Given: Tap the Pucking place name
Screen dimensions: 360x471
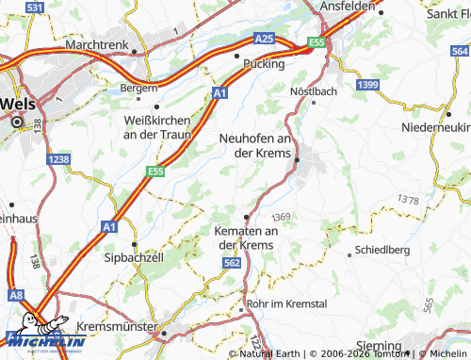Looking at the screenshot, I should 263,63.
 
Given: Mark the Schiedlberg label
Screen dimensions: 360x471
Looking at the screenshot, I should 383,252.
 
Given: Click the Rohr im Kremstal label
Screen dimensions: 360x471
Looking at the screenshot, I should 285,305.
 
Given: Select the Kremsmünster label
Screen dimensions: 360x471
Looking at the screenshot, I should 119,324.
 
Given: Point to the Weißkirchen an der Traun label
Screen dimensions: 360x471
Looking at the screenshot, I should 157,127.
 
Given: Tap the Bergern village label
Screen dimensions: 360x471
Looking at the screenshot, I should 138,88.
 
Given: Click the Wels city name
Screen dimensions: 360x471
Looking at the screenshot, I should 21,102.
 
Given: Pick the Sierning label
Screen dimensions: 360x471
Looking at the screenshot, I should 385,345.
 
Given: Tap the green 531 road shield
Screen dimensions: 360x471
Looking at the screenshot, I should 34,8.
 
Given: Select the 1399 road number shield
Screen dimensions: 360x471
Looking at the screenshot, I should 367,86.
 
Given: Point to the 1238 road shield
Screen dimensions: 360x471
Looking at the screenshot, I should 58,160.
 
